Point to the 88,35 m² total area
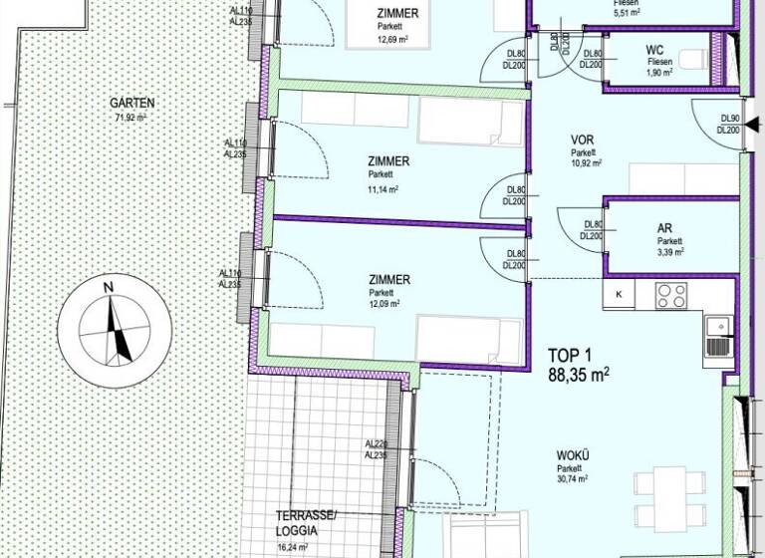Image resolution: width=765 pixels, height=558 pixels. point(579,374)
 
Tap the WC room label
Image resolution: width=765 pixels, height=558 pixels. point(655,49)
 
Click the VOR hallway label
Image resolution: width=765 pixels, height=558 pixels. point(583,140)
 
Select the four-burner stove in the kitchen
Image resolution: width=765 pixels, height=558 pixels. point(669,296)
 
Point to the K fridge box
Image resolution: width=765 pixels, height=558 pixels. point(619,293)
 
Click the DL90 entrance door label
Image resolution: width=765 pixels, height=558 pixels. point(729,119)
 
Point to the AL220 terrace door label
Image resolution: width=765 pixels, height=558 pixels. point(376,443)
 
